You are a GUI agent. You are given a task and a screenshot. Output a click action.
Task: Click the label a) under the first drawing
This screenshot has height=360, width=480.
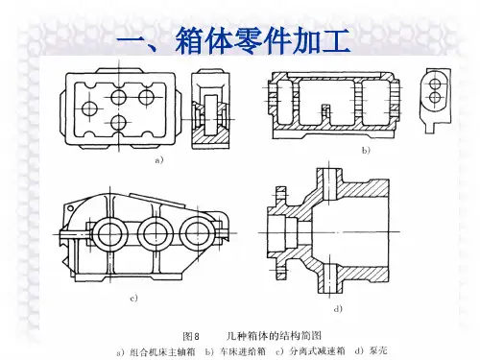(x=159, y=160)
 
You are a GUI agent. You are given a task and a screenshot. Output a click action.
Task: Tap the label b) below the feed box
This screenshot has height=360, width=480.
(x=366, y=150)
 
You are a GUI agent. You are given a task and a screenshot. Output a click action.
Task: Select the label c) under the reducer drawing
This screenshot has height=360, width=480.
(x=133, y=299)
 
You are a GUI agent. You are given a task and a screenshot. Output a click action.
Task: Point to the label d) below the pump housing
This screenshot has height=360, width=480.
(x=338, y=309)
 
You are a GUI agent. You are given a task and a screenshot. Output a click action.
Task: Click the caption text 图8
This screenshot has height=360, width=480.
(x=191, y=336)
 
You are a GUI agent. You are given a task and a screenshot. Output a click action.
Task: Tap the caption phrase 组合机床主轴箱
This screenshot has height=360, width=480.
(x=162, y=352)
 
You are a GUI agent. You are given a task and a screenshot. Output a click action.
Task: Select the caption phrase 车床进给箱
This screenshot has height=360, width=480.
(x=243, y=351)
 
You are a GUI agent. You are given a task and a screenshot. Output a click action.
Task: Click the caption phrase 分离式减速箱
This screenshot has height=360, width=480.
(x=317, y=351)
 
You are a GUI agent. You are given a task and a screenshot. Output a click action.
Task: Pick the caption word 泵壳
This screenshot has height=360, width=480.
(x=378, y=350)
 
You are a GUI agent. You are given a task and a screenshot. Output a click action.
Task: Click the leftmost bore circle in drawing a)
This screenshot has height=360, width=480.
(x=90, y=108)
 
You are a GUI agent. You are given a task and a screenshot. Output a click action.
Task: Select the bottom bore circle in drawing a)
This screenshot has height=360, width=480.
(x=119, y=122)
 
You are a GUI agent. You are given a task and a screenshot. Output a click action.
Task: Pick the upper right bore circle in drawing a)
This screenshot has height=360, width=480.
(x=147, y=97)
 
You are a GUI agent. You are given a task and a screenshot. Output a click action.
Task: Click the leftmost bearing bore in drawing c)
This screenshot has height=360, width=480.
(x=109, y=234)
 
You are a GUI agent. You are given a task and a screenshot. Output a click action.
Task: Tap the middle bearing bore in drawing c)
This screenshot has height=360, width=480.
(x=156, y=234)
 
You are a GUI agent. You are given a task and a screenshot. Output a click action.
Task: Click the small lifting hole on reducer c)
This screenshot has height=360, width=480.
(x=70, y=208)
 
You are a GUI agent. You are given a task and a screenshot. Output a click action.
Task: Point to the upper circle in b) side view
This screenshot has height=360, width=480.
(x=435, y=84)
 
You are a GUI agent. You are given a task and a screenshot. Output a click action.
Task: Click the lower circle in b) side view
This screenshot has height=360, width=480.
(x=435, y=97)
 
